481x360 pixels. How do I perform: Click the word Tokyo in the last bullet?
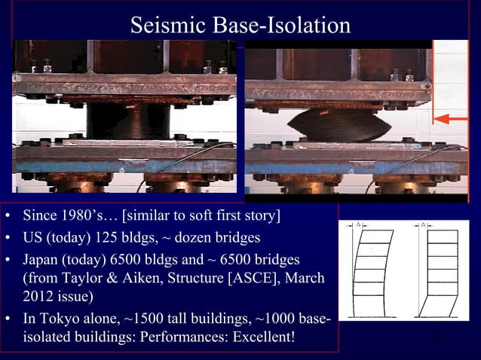coord(61,318)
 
